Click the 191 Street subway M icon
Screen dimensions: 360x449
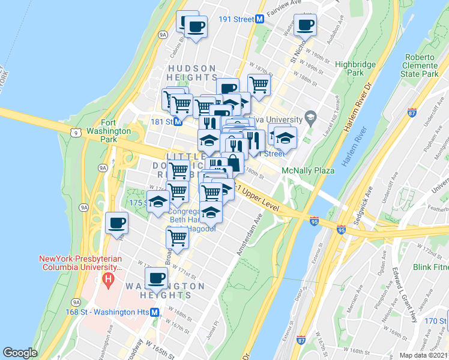click(260, 19)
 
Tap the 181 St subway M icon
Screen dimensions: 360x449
click(178, 122)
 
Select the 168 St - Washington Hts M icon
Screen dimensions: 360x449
click(155, 312)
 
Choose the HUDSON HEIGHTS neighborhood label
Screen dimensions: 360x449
click(193, 73)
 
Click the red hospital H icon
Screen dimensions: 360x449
click(108, 279)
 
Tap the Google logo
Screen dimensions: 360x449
click(20, 352)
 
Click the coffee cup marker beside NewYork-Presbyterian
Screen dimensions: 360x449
click(116, 223)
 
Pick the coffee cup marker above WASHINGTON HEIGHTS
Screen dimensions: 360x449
click(157, 277)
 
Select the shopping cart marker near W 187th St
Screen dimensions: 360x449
click(259, 85)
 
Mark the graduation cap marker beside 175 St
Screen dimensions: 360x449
click(158, 201)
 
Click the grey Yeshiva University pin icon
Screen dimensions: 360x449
click(310, 116)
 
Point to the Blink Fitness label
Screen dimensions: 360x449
click(430, 266)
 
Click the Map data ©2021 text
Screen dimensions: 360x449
click(424, 355)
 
